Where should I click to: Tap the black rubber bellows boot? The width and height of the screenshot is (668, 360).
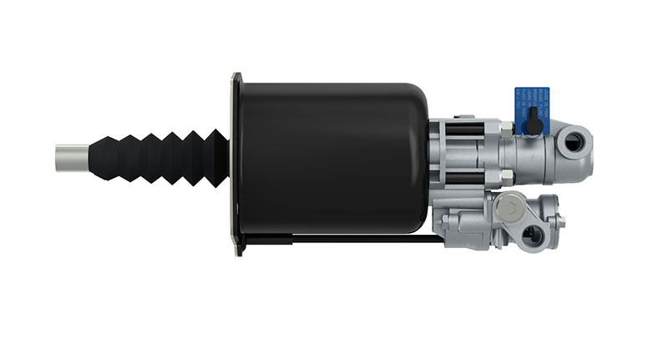(159, 158)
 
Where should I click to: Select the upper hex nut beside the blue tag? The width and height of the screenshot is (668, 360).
(506, 127)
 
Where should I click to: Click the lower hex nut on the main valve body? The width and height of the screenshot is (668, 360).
(506, 175)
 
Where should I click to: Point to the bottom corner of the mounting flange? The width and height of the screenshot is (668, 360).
(239, 251)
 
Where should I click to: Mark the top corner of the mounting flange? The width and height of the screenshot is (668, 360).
(236, 77)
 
